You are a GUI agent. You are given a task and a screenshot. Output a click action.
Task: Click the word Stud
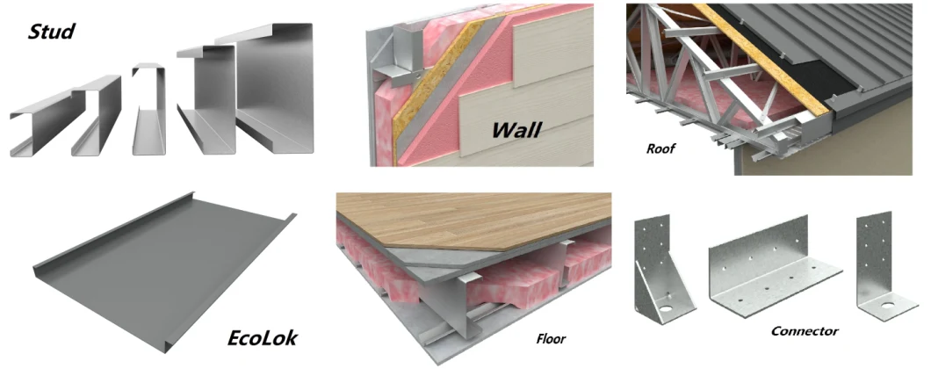52,31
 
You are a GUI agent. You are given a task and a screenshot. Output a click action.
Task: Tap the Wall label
516,129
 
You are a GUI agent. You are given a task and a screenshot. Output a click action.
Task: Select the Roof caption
660,148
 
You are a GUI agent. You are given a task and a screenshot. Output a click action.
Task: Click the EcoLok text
263,338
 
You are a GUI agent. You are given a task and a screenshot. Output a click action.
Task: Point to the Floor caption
551,340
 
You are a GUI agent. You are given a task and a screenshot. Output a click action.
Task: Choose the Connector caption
805,331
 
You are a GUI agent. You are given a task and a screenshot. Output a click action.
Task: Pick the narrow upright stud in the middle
149,109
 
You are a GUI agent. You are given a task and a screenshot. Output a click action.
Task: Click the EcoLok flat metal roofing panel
161,273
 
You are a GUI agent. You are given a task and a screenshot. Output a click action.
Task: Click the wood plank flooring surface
475,220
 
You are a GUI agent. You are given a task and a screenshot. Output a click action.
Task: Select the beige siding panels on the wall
546,89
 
